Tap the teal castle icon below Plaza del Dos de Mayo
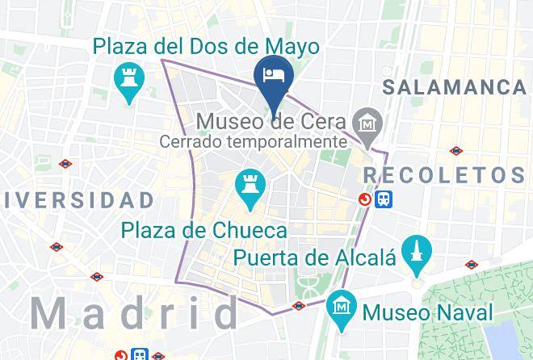tap(128, 82)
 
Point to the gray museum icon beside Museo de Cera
tap(367, 123)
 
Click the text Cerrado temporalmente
tap(252, 142)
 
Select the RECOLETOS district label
tap(445, 174)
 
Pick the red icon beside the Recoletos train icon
tap(367, 198)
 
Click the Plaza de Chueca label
tap(205, 231)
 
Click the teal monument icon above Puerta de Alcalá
tap(417, 249)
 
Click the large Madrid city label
tap(134, 312)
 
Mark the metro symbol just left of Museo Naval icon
tap(299, 306)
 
